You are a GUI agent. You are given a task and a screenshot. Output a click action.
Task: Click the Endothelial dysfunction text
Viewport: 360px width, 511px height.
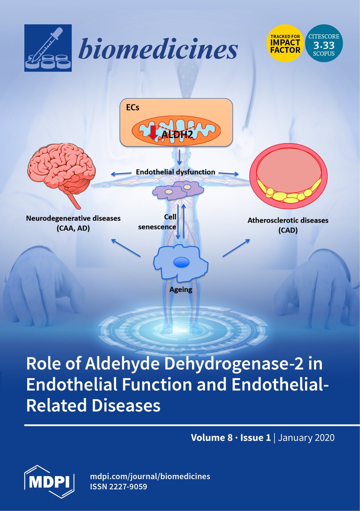point(175,172)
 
